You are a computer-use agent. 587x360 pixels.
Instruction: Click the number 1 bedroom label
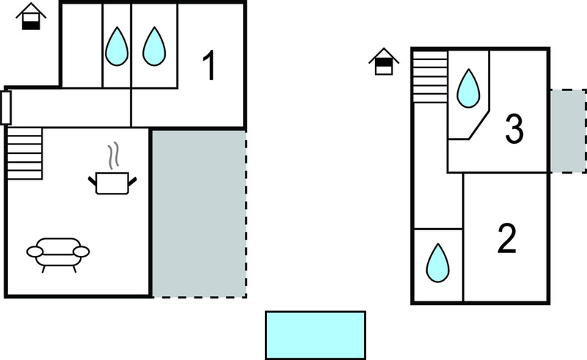click(209, 65)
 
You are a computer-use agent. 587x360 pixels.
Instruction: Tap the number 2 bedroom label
click(507, 238)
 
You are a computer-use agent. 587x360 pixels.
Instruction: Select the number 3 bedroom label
click(514, 129)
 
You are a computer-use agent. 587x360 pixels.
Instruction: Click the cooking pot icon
click(112, 183)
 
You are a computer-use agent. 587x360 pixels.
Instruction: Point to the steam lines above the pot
click(114, 155)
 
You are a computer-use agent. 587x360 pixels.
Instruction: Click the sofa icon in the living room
click(58, 255)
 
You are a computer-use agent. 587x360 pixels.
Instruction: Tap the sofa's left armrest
click(34, 251)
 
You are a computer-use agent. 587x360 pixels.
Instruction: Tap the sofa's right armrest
click(81, 251)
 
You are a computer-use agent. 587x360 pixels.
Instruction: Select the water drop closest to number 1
click(154, 46)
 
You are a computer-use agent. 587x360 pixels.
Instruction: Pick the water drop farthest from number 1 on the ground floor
click(117, 46)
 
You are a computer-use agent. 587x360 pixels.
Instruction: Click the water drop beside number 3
click(468, 88)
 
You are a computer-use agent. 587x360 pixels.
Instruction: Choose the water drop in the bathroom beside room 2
click(437, 262)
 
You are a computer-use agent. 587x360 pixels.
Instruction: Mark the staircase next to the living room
click(25, 153)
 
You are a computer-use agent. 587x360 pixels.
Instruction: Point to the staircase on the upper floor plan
click(431, 77)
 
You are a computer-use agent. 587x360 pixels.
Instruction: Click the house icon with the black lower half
click(31, 17)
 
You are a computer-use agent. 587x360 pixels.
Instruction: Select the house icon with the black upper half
click(384, 62)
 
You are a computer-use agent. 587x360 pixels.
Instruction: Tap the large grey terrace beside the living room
click(199, 213)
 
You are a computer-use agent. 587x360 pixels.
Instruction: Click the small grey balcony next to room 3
click(568, 131)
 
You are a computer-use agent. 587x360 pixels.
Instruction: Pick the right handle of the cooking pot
click(133, 181)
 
